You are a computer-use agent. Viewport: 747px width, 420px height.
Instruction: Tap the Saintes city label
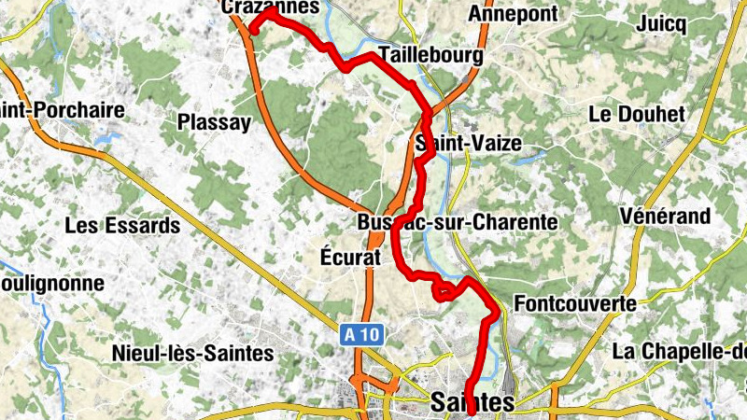click(473, 403)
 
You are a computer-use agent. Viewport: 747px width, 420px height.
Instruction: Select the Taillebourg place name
click(430, 57)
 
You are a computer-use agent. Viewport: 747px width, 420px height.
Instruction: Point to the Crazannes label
click(271, 7)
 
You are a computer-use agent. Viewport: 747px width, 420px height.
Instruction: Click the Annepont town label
click(513, 14)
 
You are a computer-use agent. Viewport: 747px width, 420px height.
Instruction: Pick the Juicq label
click(664, 23)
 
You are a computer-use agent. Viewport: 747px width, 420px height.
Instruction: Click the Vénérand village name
click(665, 217)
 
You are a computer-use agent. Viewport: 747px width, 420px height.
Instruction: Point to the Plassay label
click(215, 122)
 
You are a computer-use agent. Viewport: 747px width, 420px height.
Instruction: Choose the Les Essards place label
click(122, 225)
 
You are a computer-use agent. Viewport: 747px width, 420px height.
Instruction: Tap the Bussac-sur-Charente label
click(457, 223)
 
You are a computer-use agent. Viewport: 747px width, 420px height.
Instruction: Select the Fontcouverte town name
click(575, 304)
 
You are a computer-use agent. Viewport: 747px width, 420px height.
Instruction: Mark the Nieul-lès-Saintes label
click(191, 354)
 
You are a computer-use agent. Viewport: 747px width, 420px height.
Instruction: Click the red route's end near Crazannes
click(253, 31)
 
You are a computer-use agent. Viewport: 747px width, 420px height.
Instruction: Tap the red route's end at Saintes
click(470, 411)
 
